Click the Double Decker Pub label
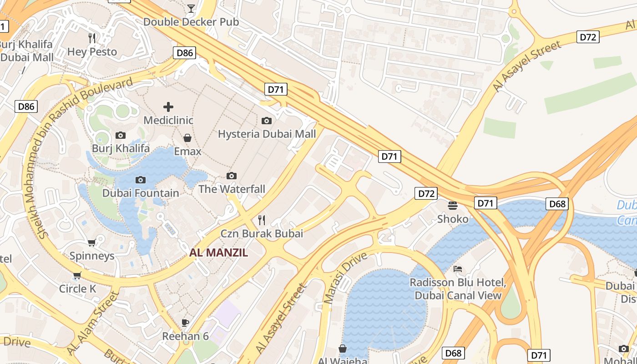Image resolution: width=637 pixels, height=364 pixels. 185,22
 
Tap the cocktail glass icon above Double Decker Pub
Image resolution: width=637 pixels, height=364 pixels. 191,8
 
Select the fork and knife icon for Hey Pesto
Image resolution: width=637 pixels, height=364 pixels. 92,38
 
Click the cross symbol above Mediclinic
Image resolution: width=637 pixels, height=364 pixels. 168,107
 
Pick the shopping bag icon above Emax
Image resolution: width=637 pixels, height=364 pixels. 187,137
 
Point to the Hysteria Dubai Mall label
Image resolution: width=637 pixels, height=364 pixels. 267,134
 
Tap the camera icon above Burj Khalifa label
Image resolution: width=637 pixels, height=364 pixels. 121,135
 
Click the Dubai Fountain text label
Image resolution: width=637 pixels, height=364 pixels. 141,193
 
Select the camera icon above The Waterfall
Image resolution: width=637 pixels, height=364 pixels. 232,176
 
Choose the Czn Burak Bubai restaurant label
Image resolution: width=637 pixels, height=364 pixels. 262,234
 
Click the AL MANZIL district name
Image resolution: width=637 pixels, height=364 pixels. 219,253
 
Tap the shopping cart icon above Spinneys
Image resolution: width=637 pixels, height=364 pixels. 91,243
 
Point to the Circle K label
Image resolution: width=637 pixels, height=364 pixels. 78,289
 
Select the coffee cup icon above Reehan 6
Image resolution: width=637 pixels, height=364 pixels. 185,323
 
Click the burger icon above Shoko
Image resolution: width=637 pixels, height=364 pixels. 452,206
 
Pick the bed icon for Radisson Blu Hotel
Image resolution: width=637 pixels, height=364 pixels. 458,269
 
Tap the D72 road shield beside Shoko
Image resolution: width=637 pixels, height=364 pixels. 426,193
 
